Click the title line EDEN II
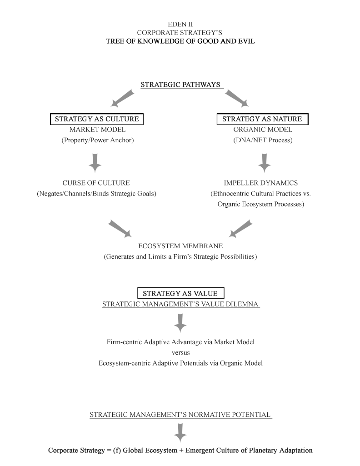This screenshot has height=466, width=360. coord(180,24)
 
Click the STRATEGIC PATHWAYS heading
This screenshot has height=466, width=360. coord(180,85)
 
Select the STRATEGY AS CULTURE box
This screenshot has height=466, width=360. coord(97,119)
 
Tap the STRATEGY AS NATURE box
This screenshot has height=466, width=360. coord(262,119)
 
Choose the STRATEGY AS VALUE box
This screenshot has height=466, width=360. coord(180,293)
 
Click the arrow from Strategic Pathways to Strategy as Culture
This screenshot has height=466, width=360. coord(122,98)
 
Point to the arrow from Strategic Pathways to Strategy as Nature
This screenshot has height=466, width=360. coord(237,98)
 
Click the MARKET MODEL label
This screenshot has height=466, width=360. coord(97,130)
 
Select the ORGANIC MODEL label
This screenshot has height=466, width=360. coord(263,130)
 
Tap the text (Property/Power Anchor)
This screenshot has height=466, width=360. coord(98,140)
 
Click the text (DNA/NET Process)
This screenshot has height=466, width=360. coord(263,140)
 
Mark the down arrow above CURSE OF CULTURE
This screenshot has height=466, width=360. coord(95,163)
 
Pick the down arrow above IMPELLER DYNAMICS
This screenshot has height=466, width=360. coord(265,163)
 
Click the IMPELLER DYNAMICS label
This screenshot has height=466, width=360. coord(261,183)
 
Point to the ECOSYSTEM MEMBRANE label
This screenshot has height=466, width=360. coord(180,246)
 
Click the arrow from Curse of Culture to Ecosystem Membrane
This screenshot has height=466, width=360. coord(120,229)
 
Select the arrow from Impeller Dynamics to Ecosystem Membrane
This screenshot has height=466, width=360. coord(240,229)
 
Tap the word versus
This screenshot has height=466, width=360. coord(180,353)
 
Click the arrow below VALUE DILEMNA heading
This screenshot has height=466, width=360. coord(180,323)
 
